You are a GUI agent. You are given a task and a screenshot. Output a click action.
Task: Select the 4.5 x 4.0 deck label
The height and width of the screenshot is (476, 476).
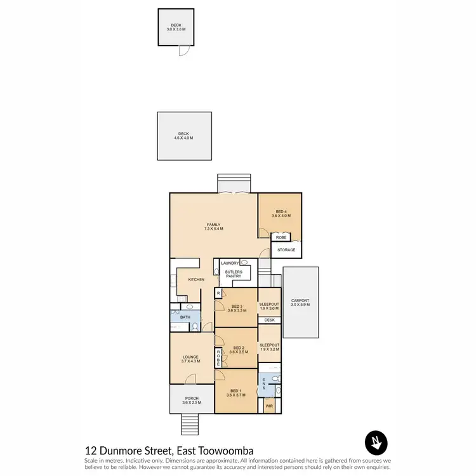point(183,136)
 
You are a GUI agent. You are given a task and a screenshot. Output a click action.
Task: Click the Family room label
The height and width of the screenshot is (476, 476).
point(213,227)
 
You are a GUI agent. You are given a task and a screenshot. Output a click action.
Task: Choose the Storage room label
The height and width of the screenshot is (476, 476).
point(286,250)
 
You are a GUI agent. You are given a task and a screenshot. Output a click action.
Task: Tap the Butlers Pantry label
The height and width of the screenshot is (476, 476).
point(234,274)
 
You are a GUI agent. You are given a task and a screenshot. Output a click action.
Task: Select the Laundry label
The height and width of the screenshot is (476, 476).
point(229,263)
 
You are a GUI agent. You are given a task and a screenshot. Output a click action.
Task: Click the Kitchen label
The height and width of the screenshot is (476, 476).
point(196,280)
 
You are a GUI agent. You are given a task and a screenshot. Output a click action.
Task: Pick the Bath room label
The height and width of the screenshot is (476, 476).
point(185,317)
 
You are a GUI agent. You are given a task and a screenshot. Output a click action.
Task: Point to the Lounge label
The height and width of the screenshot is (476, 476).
point(191,359)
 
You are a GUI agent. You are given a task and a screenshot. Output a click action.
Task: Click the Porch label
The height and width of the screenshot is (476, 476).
point(191,400)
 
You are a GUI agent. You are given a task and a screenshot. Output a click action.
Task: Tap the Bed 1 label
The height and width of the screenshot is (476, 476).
point(235,392)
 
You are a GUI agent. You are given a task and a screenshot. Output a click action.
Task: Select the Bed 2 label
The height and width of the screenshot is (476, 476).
point(239,350)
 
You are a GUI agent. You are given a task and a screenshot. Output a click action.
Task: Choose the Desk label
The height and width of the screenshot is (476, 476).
point(269,321)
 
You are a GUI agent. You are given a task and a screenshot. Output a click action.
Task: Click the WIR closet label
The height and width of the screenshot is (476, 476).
point(269,404)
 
